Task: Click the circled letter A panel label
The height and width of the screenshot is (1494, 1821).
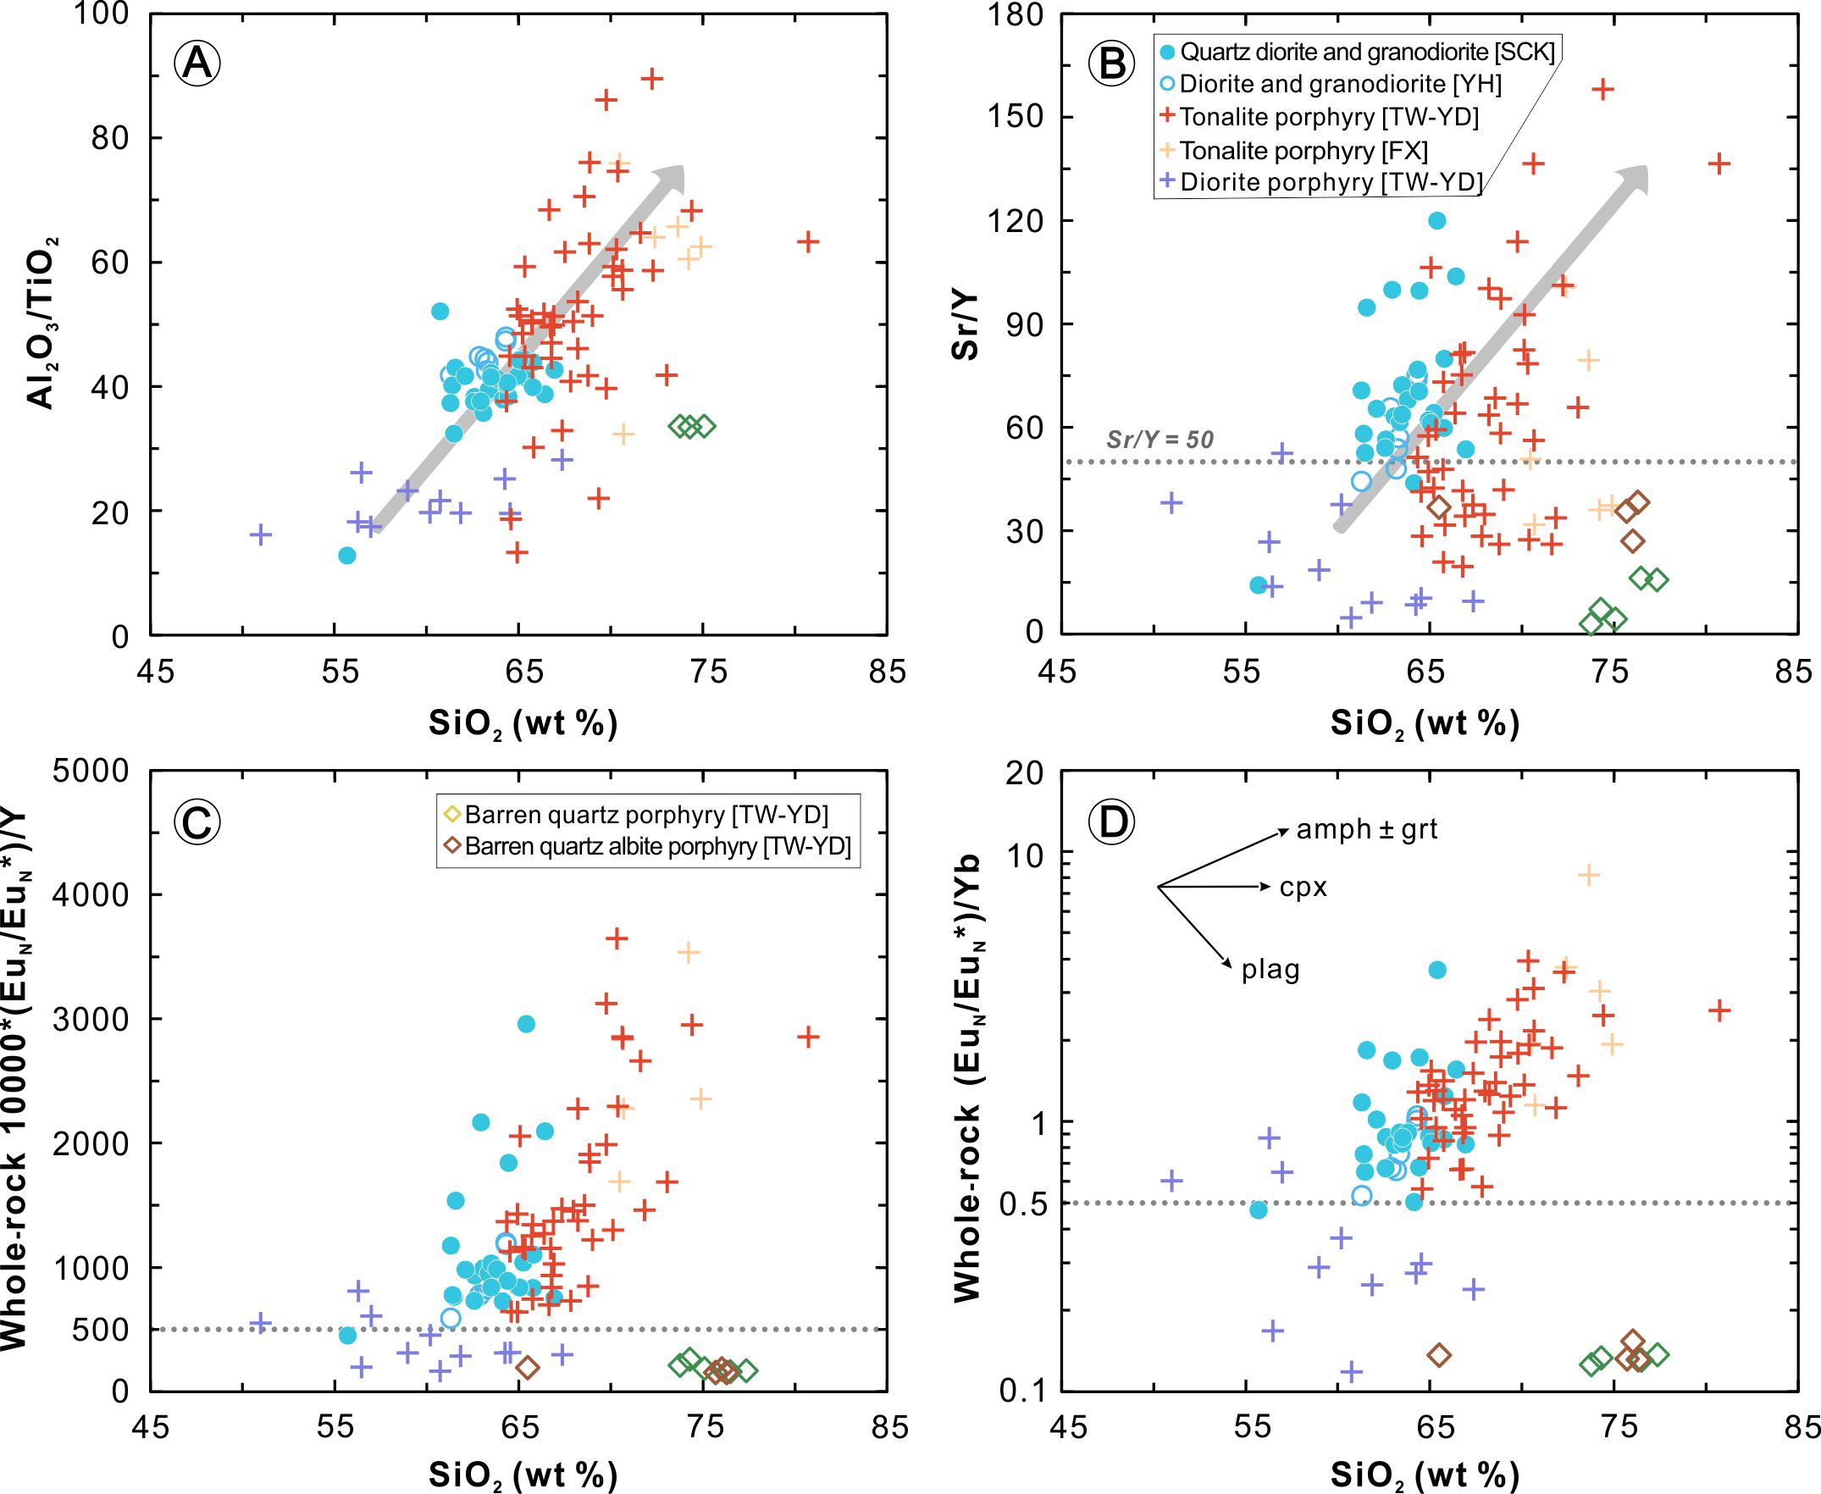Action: [x=199, y=64]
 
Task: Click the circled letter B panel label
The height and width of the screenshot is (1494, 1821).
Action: [x=1113, y=64]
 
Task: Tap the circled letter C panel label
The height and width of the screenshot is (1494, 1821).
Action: [x=199, y=822]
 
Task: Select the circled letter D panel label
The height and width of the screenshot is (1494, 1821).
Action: [x=1113, y=822]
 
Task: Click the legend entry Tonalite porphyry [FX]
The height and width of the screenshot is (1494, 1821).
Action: [x=1303, y=151]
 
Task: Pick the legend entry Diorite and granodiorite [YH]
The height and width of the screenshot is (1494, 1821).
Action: [x=1339, y=85]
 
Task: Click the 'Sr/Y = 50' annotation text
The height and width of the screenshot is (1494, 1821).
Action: [x=1160, y=440]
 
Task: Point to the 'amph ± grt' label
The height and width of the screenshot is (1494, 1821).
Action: [x=1367, y=830]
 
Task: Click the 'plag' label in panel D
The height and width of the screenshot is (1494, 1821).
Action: [x=1270, y=971]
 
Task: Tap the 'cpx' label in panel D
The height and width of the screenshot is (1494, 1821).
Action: [x=1303, y=888]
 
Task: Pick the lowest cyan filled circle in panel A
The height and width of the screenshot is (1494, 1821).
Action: [x=346, y=555]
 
